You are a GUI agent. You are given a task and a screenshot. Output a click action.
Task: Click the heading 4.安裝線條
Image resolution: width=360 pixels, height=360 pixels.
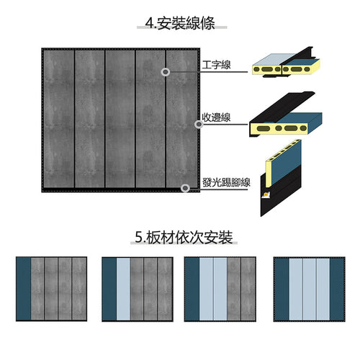[x=180, y=23]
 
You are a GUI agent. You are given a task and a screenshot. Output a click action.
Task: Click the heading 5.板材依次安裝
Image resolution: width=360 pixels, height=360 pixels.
[x=184, y=238]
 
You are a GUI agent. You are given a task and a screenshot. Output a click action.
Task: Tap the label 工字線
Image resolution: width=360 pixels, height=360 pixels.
[x=216, y=65]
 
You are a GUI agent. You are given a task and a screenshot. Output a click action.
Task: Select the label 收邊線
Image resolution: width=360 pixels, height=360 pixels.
[x=216, y=117]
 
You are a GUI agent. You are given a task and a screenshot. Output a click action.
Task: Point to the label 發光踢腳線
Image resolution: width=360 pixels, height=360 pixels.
[x=226, y=182]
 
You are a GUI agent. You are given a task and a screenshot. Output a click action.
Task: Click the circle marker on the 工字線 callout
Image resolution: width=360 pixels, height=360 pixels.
[x=166, y=72]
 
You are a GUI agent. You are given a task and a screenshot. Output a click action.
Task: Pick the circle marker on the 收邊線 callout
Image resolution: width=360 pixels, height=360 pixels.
[x=199, y=125]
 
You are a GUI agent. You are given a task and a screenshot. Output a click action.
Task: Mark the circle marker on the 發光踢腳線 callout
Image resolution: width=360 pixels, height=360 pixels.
[x=185, y=188]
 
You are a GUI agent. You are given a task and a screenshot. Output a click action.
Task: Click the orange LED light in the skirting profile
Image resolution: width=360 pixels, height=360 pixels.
[x=266, y=194]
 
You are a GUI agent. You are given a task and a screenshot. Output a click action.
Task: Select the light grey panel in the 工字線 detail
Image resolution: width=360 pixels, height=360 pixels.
[x=274, y=59]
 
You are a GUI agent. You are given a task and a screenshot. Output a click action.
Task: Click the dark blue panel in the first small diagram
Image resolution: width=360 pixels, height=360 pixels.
[x=24, y=289]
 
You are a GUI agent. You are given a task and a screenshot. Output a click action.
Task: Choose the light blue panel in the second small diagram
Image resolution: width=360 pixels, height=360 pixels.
[x=123, y=289]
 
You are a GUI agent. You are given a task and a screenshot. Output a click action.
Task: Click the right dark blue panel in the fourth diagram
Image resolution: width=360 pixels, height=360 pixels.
[x=337, y=289]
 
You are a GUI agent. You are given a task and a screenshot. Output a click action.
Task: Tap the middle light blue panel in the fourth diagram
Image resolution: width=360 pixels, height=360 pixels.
[x=310, y=289]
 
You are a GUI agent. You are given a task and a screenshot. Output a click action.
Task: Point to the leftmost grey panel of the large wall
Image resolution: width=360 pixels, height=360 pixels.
[x=59, y=119]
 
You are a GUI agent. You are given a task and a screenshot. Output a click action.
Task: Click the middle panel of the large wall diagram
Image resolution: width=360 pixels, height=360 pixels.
[x=120, y=119]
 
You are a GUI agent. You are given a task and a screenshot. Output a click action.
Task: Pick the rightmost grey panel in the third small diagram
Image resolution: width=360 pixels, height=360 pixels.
[x=248, y=289]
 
